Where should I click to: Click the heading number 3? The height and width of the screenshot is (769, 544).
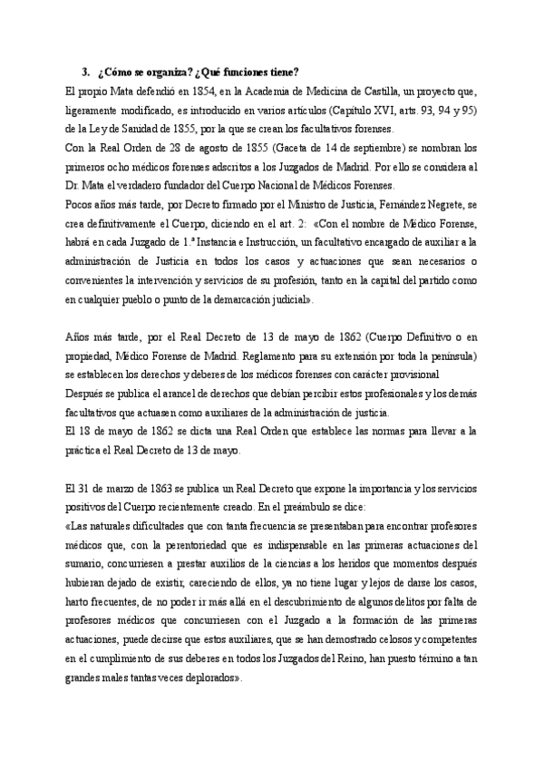tap(85, 73)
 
